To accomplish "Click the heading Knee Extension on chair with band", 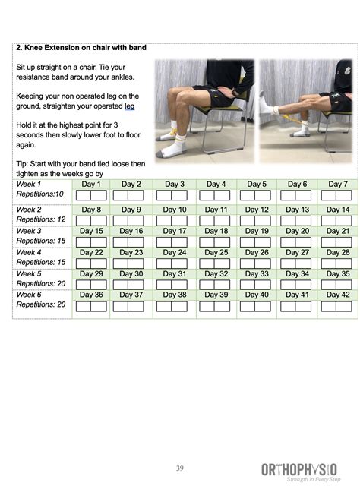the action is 81,49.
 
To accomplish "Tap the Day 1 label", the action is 91,185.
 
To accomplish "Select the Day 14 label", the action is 338,210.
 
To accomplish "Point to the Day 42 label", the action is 338,295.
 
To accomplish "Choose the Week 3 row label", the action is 29,231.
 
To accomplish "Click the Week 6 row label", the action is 29,295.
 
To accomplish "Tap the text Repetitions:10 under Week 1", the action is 39,194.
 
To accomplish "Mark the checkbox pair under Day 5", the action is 257,195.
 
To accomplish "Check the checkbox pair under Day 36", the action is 91,306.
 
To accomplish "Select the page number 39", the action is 179,468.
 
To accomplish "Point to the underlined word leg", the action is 128,106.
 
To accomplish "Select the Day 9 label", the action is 131,210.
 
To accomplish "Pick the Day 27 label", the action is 298,252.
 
